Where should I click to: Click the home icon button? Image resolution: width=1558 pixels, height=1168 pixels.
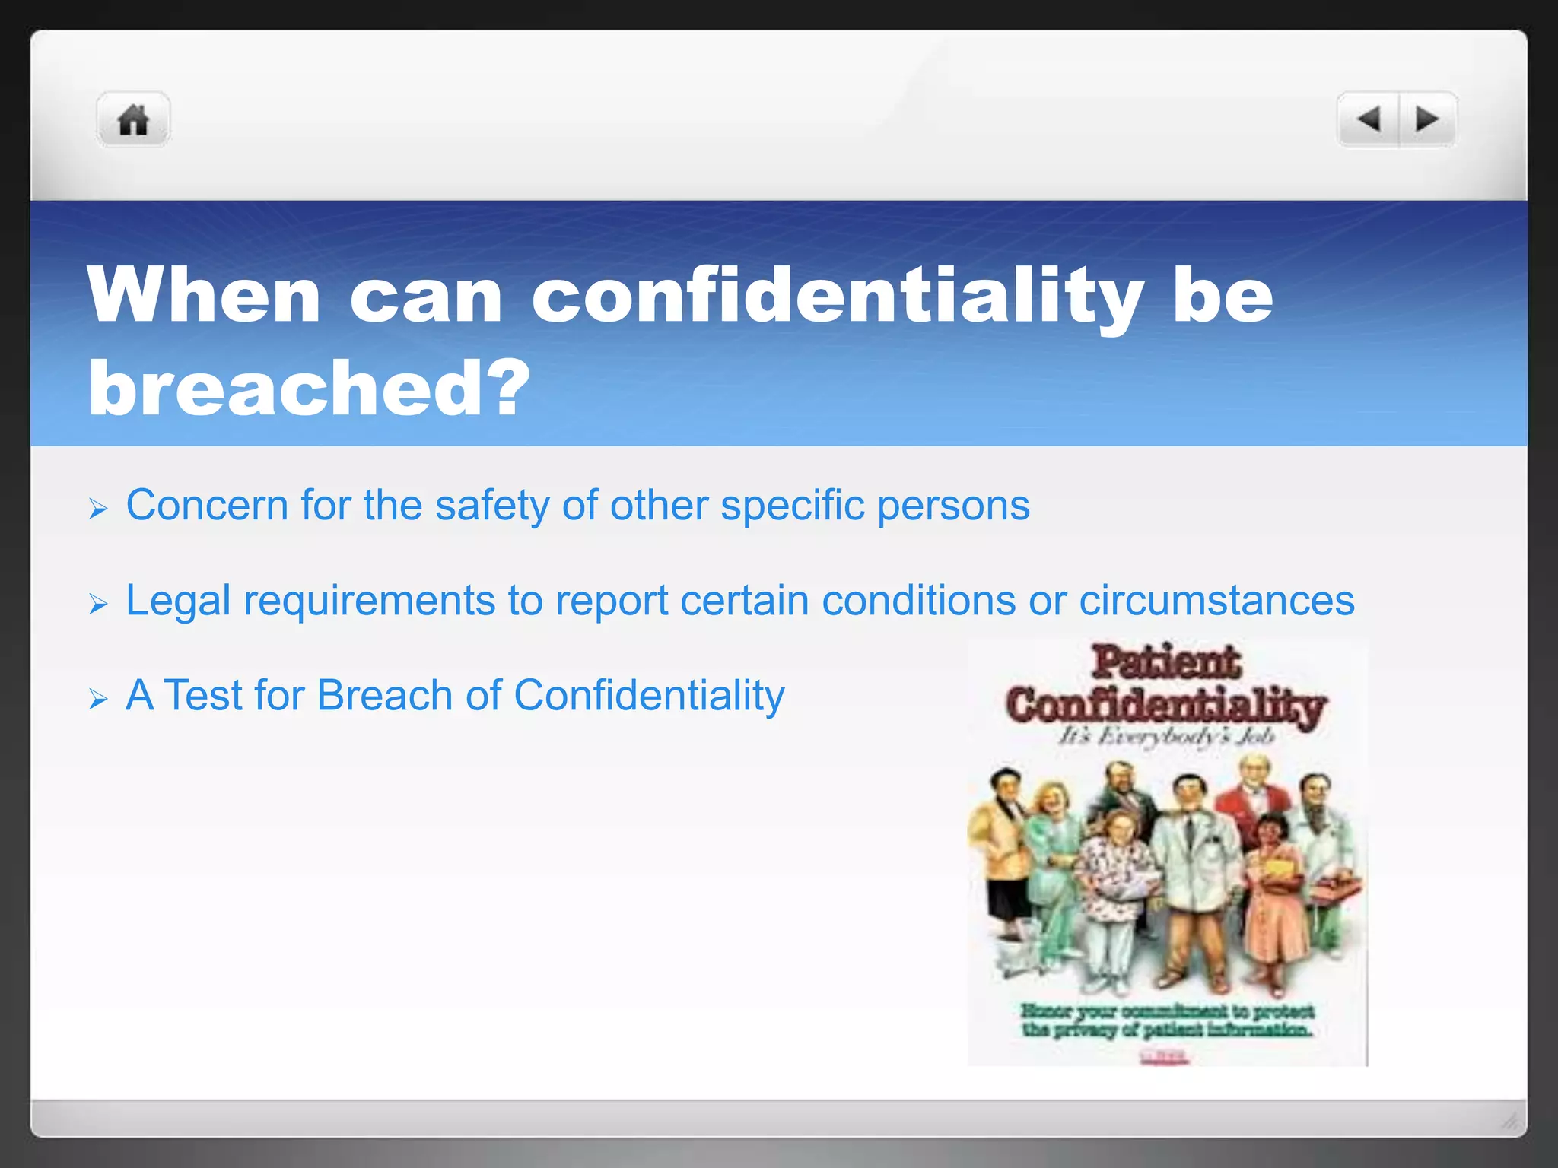click(133, 119)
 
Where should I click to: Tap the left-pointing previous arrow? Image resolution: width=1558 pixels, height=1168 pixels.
click(1369, 119)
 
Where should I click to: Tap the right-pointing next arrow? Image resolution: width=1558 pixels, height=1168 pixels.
click(1427, 119)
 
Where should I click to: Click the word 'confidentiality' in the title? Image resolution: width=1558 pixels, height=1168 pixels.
click(837, 297)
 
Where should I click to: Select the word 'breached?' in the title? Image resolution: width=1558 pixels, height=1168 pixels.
click(308, 389)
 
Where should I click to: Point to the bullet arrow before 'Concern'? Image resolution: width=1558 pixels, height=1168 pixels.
click(98, 509)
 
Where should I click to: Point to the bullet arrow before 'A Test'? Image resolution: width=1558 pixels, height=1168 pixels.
click(98, 699)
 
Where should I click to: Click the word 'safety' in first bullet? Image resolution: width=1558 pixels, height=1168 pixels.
click(491, 506)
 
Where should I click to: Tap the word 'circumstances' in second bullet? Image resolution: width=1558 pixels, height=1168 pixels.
click(1216, 601)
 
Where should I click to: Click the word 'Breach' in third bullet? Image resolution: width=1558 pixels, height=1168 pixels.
click(385, 695)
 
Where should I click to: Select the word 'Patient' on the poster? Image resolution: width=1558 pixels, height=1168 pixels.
click(1165, 662)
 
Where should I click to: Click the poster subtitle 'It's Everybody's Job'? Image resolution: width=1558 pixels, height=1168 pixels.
click(1165, 736)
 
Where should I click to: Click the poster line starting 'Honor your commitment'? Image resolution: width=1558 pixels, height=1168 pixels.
click(1167, 1011)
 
